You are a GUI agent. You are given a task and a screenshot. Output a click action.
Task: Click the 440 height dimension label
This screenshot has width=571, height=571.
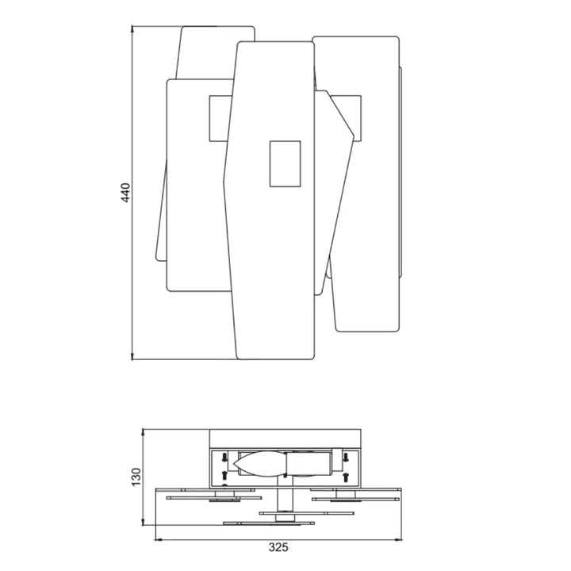[125, 193]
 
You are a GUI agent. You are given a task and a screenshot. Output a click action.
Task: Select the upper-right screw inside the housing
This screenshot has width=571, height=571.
[347, 456]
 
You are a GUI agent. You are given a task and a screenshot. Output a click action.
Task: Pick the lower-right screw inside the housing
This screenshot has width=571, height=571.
[347, 474]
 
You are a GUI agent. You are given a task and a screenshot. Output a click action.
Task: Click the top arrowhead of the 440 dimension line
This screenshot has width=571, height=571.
[132, 29]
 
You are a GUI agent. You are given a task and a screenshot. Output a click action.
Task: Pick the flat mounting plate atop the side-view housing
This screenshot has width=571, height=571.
[285, 439]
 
